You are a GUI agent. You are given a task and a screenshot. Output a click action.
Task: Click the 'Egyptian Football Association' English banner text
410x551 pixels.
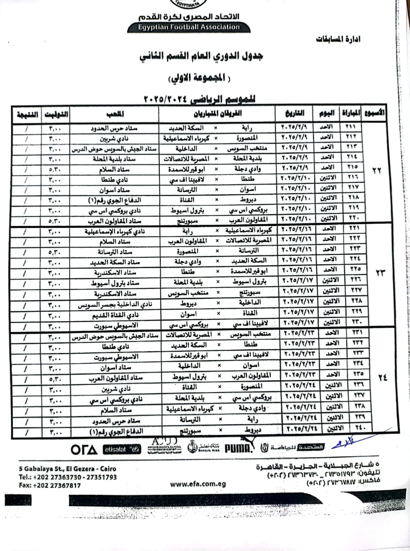pos(189,27)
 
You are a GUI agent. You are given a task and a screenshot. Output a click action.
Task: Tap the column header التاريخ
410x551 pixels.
pos(294,114)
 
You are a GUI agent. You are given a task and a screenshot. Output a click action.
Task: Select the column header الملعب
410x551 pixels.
pos(115,114)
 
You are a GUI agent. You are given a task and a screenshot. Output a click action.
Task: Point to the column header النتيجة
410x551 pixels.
pos(27,115)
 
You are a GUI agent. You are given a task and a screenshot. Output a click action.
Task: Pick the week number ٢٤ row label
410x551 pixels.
pos(382,378)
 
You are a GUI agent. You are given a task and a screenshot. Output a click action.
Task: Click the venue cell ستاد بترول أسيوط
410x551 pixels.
pos(115,284)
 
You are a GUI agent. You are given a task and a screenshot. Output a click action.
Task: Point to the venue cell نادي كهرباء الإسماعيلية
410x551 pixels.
pos(115,232)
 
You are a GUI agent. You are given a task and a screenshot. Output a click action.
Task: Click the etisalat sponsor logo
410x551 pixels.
pos(122,449)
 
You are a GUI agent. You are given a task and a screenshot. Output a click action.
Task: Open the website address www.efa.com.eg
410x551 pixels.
pos(198,484)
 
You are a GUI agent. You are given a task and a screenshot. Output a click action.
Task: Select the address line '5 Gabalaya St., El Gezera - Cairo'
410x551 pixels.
pos(67,468)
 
